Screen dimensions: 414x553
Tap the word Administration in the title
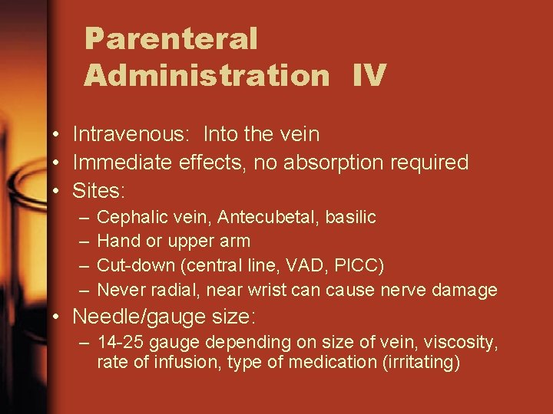[207, 76]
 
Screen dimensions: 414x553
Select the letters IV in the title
[369, 76]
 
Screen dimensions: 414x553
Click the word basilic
[351, 218]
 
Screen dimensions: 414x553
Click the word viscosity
[465, 342]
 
